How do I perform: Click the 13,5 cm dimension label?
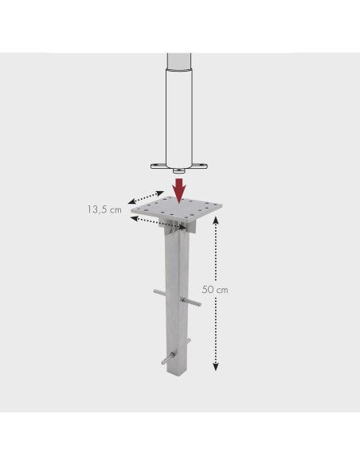[x=104, y=209]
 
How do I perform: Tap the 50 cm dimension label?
[x=215, y=290]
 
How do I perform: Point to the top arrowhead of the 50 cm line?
[x=216, y=220]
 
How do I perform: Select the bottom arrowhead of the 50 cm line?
[x=216, y=367]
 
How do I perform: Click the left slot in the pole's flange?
[x=157, y=166]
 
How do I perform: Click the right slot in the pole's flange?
[x=202, y=166]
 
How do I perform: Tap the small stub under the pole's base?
[x=179, y=171]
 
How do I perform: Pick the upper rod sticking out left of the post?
[x=159, y=293]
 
